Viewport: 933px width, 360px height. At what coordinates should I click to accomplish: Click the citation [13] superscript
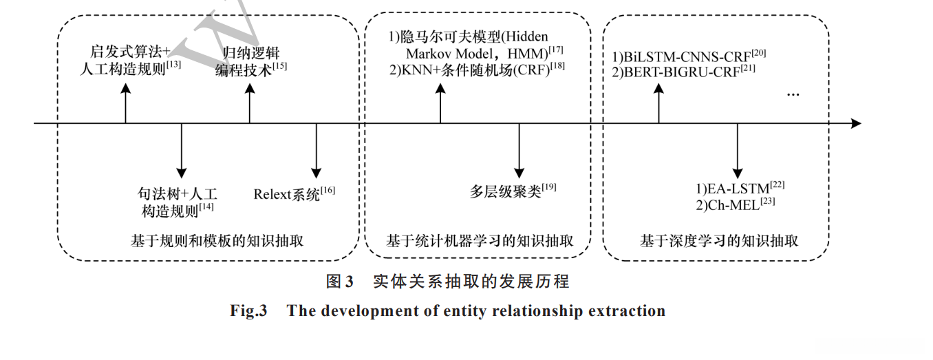tap(173, 65)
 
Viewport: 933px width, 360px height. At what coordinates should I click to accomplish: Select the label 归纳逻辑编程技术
tap(249, 61)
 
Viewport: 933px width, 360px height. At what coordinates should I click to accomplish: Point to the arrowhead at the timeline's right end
tap(855, 124)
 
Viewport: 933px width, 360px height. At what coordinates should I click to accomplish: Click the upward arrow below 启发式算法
tap(125, 103)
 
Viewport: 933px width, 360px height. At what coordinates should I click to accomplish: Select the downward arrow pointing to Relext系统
tap(316, 151)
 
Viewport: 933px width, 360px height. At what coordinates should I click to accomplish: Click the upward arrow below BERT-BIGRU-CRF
tap(658, 103)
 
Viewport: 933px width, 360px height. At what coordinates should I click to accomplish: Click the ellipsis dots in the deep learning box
tap(792, 94)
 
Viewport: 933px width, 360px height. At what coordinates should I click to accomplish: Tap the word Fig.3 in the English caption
tap(248, 311)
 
